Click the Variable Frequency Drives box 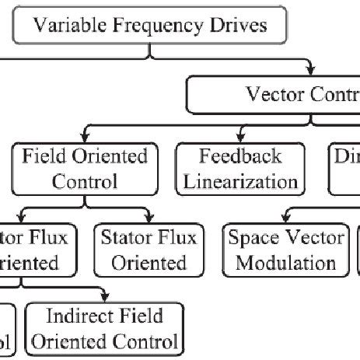(x=151, y=25)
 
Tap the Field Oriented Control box (x=80, y=170)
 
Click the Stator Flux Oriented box (x=149, y=249)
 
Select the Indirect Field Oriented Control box (x=104, y=328)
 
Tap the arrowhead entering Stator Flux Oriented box (x=149, y=218)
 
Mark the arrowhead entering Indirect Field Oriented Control (x=104, y=297)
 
